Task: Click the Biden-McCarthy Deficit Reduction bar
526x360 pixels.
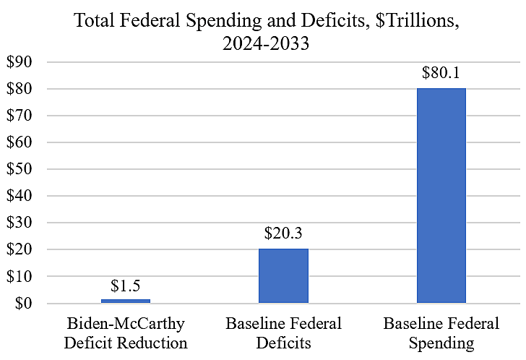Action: tap(125, 300)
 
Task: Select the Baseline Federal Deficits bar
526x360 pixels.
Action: tap(283, 275)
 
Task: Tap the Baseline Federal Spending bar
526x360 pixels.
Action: tap(441, 195)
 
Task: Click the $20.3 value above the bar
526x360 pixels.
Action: tap(283, 233)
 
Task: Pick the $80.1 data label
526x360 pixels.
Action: tap(441, 73)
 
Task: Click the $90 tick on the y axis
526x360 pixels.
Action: tap(20, 62)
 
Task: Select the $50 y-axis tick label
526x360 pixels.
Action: tap(20, 169)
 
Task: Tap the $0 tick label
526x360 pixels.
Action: tap(24, 304)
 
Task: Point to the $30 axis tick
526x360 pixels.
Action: tap(20, 223)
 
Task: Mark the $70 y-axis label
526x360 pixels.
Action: tap(20, 116)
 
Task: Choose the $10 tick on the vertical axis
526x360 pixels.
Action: tap(20, 276)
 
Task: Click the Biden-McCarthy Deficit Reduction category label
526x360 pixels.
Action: tap(125, 332)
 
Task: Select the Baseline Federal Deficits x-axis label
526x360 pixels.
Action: tap(283, 332)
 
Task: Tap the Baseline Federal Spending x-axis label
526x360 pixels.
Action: tap(441, 332)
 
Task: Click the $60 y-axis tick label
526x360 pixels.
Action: tap(20, 142)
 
